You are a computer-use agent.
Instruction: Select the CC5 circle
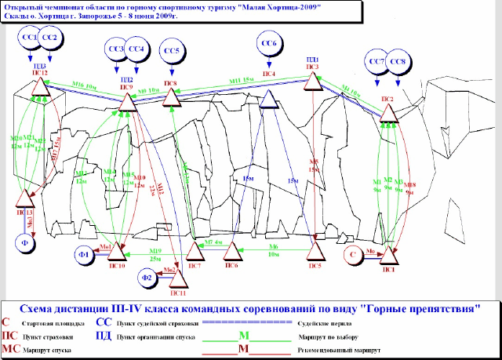171,53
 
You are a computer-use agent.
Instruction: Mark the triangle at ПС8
171,96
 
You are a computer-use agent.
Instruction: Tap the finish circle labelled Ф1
84,255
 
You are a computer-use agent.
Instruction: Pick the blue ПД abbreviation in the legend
102,333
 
